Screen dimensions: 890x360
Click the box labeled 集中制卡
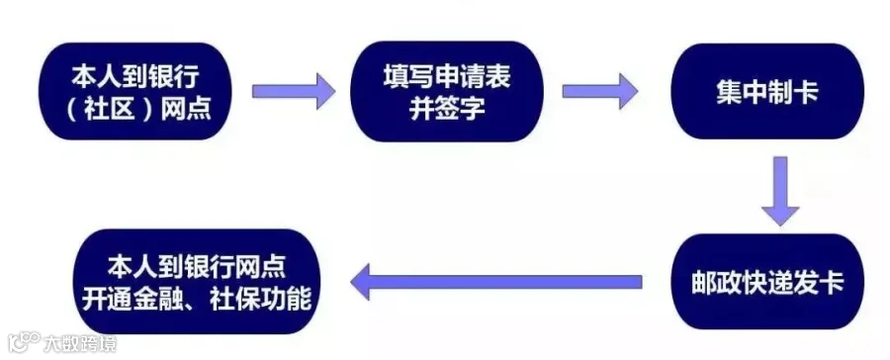pyautogui.click(x=767, y=91)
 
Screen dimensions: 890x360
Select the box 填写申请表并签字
pyautogui.click(x=446, y=91)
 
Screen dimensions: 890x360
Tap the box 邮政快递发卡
pyautogui.click(x=767, y=282)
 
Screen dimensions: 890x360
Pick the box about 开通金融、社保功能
pyautogui.click(x=197, y=282)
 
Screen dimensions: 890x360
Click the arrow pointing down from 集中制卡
pyautogui.click(x=780, y=191)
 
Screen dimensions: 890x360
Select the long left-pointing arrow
pyautogui.click(x=496, y=282)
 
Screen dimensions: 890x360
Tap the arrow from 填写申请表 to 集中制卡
pyautogui.click(x=600, y=91)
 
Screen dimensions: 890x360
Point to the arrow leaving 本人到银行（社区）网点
pyautogui.click(x=294, y=91)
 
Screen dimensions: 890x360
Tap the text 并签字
pyautogui.click(x=447, y=108)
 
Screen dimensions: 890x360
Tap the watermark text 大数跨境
pyautogui.click(x=80, y=343)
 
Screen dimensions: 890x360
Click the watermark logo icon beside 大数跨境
pyautogui.click(x=24, y=342)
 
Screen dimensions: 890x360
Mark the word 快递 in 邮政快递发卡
pyautogui.click(x=766, y=283)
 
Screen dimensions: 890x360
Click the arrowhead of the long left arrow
pyautogui.click(x=360, y=282)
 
